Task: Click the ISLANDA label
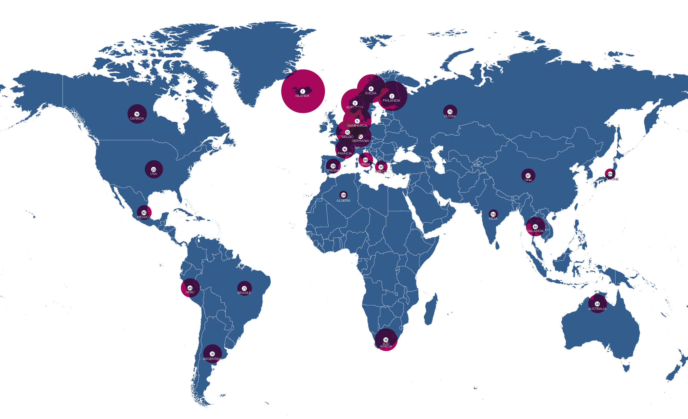click(x=302, y=96)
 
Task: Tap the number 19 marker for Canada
click(x=137, y=114)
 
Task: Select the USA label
click(x=153, y=174)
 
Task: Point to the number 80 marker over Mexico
click(x=144, y=213)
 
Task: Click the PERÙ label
click(x=190, y=292)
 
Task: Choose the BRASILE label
click(x=244, y=293)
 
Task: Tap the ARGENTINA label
click(x=212, y=359)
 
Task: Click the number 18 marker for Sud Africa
click(x=386, y=340)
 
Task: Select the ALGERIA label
click(x=343, y=201)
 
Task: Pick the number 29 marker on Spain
click(x=333, y=166)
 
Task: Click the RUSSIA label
click(x=450, y=116)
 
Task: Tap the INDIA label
click(x=493, y=218)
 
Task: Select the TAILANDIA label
click(x=535, y=231)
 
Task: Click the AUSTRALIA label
click(x=597, y=309)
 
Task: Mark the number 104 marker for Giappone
click(x=610, y=174)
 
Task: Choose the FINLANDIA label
click(x=391, y=101)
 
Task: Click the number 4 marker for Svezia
click(x=371, y=89)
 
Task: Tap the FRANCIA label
click(x=345, y=153)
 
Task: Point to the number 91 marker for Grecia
click(x=381, y=167)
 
